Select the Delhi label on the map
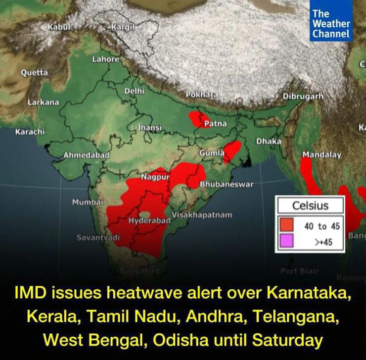click(x=134, y=91)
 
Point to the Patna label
click(x=215, y=123)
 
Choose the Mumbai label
click(x=87, y=202)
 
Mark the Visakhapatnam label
click(x=202, y=215)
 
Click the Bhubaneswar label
click(x=226, y=184)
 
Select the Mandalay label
click(x=321, y=155)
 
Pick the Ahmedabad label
click(x=86, y=156)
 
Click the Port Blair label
click(x=299, y=271)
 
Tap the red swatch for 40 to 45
click(x=287, y=225)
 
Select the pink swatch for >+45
click(x=287, y=242)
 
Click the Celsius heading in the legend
click(x=310, y=205)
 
